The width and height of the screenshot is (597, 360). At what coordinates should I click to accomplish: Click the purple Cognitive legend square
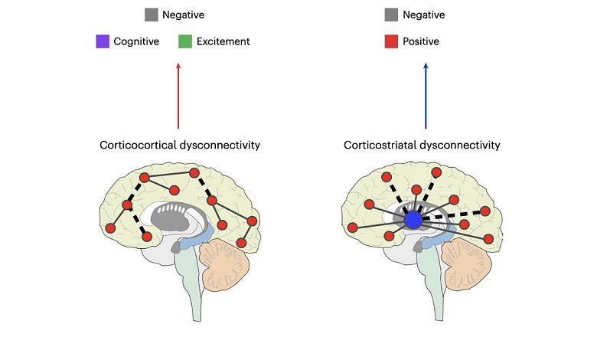(103, 41)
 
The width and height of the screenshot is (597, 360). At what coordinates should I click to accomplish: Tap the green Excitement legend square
(184, 41)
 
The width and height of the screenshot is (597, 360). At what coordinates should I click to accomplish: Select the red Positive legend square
(393, 41)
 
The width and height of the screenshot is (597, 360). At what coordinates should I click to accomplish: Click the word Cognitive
(136, 41)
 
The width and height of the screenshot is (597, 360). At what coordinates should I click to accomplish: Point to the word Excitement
(223, 41)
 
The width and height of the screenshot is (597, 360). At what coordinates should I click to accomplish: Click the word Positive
(421, 41)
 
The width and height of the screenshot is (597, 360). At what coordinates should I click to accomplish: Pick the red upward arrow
(178, 96)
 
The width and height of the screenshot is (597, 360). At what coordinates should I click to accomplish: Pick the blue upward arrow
(426, 96)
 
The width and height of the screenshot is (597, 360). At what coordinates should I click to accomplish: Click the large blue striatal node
(413, 220)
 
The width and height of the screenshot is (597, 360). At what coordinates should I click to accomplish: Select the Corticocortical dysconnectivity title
(178, 145)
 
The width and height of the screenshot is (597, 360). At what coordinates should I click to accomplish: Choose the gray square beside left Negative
(151, 15)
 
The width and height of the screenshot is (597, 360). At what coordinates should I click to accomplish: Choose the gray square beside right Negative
(393, 15)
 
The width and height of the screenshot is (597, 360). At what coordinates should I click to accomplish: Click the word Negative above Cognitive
(183, 15)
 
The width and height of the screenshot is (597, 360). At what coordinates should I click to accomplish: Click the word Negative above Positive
(424, 15)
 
